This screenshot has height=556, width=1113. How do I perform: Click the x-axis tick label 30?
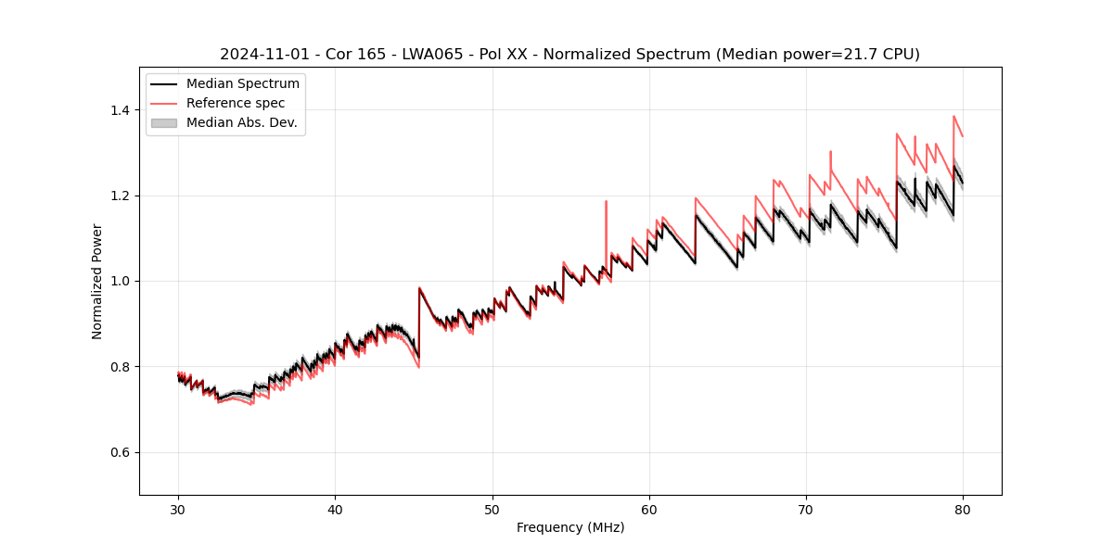pos(178,509)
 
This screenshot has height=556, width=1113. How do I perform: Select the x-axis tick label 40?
pos(335,509)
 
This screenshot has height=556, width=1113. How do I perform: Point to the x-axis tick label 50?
pos(492,509)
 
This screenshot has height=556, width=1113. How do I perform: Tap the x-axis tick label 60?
pos(649,509)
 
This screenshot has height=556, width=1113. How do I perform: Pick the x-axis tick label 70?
pos(806,509)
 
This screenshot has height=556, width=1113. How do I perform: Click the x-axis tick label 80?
pos(963,509)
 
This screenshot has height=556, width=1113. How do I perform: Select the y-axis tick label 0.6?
pos(122,452)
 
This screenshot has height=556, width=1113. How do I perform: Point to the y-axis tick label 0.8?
pos(122,367)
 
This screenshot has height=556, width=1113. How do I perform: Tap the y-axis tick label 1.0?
pos(122,281)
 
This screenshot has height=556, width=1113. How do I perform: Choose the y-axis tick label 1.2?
pos(122,196)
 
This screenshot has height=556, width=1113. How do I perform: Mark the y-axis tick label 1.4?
pos(122,110)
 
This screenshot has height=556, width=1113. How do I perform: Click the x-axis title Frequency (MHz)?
pos(570,527)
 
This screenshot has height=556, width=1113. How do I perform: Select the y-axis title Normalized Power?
pos(97,281)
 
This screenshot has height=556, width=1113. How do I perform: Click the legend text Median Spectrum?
pos(242,84)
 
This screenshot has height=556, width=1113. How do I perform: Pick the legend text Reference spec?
pos(236,103)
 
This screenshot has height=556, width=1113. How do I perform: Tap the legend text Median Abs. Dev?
pos(241,122)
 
